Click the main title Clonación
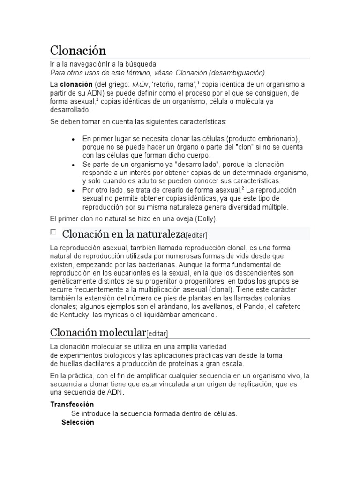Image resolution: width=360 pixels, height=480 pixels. (78, 50)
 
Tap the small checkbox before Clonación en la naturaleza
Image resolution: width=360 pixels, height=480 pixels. (53, 232)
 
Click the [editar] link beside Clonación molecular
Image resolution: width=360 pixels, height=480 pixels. (157, 334)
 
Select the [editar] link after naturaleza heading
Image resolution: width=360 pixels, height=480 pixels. (196, 235)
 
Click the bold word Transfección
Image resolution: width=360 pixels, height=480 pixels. (72, 404)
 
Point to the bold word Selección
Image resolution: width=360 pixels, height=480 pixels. (78, 422)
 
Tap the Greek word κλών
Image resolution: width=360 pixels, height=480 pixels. (139, 84)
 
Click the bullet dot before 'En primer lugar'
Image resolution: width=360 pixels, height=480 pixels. (73, 140)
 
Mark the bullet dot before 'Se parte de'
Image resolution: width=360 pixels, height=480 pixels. (73, 165)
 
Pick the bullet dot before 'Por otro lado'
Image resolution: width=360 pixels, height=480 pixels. (73, 191)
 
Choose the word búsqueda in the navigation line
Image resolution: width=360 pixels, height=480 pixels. (140, 64)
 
